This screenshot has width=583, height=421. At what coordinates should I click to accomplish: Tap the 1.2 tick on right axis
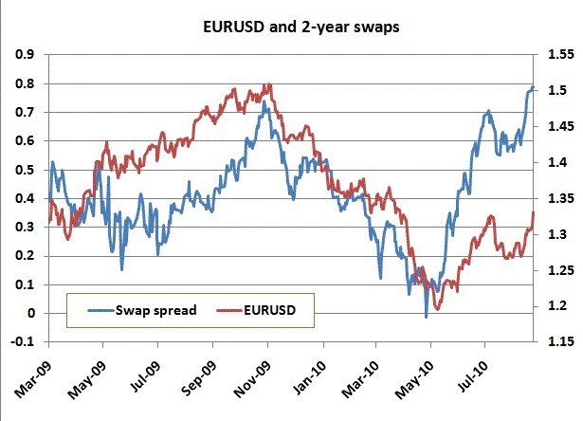(x=555, y=306)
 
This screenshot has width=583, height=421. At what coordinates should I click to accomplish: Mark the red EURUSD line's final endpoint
(x=534, y=212)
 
